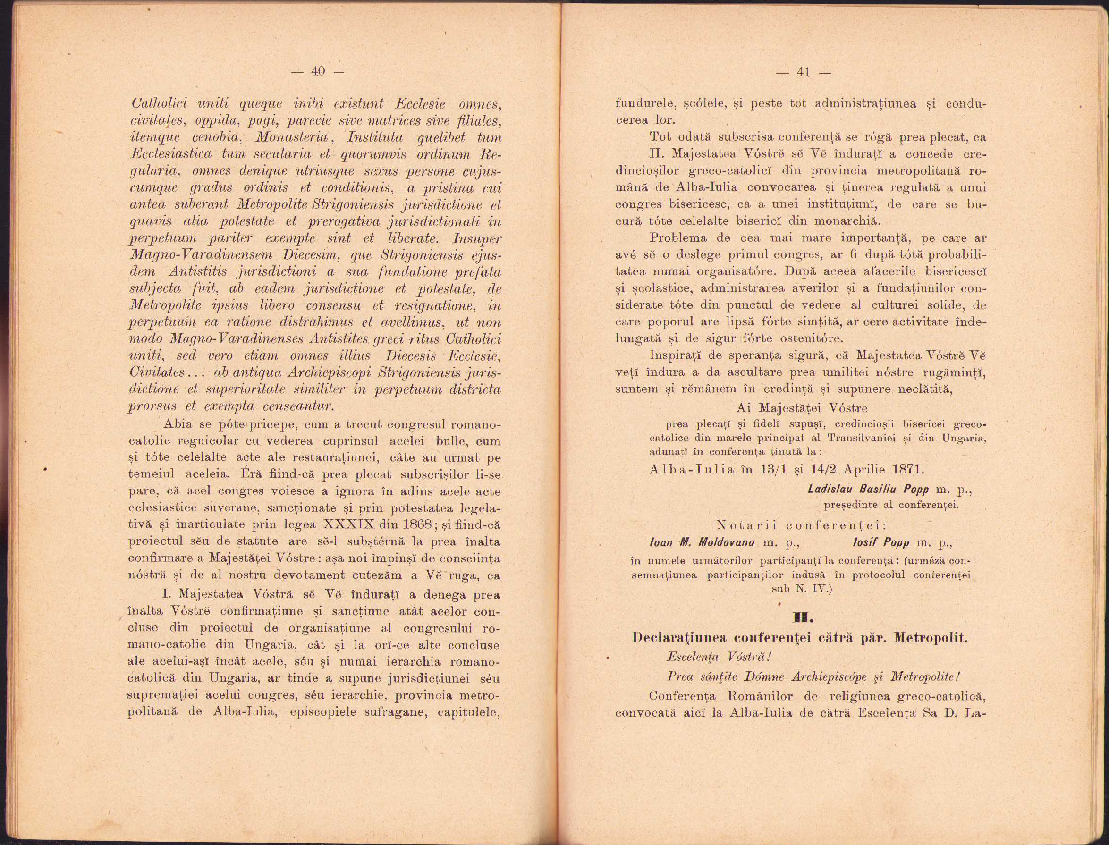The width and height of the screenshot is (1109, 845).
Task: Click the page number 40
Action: point(318,71)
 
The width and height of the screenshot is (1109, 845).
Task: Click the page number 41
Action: point(803,72)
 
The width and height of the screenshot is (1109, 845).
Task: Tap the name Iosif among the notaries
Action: point(864,543)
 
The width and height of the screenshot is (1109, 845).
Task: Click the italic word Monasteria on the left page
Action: point(292,138)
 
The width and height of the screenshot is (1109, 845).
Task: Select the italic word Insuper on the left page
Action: point(477,238)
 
